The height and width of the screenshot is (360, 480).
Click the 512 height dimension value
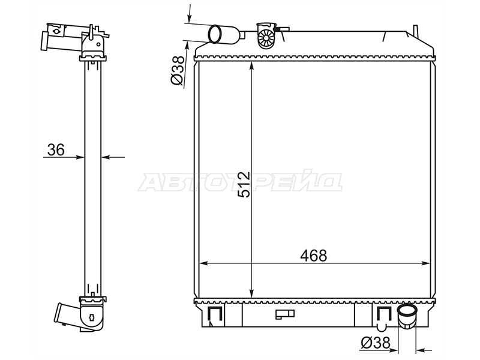point(244,185)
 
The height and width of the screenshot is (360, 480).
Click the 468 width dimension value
point(313,256)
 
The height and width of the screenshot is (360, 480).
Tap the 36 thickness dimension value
point(56,149)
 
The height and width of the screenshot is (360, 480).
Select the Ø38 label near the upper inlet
point(178,70)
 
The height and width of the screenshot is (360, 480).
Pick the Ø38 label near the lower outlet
point(376,343)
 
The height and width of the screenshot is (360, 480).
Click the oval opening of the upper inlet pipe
point(216,34)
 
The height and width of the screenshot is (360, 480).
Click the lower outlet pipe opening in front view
point(407,310)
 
